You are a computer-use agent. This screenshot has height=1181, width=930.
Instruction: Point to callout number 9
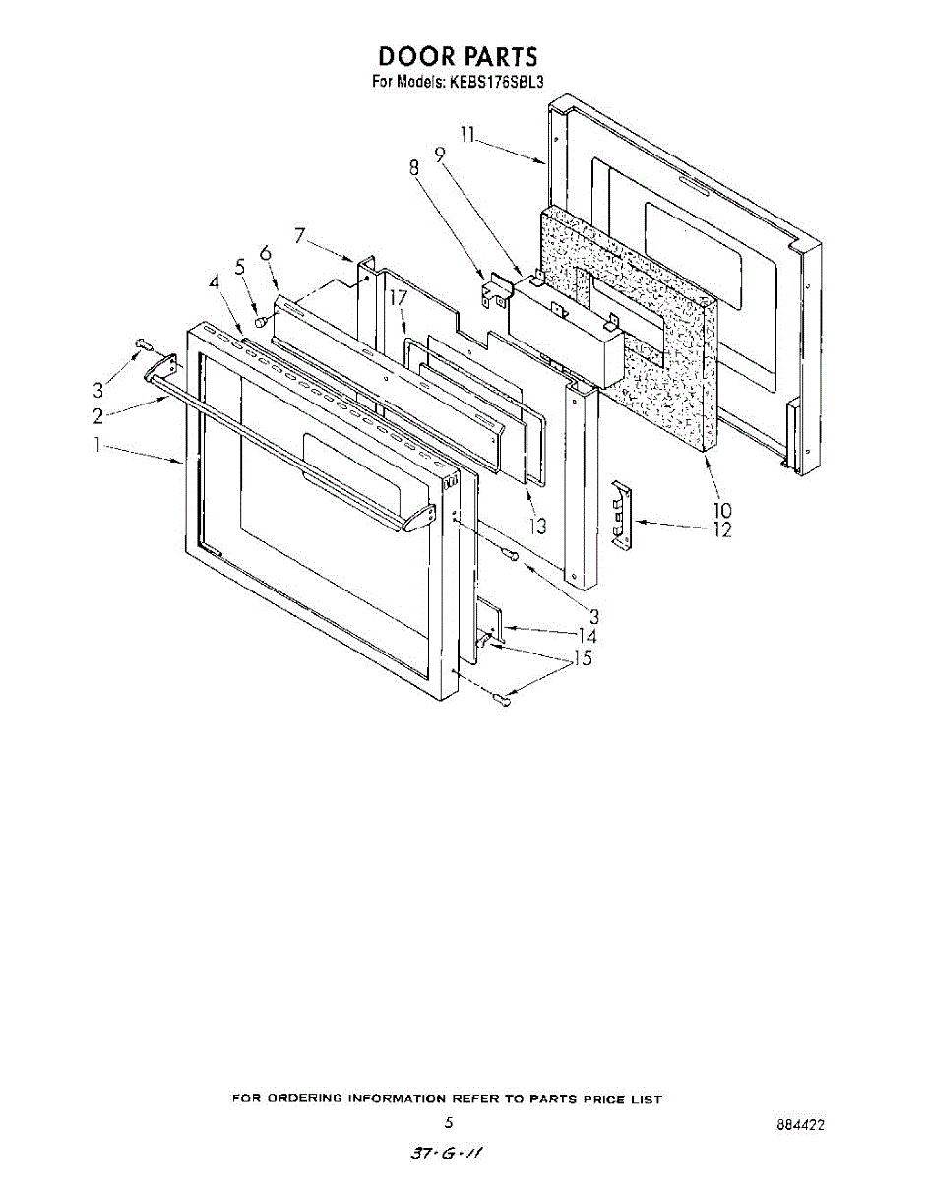point(439,154)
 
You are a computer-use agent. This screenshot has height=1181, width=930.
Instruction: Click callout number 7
point(300,236)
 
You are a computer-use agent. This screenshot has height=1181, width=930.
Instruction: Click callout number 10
point(722,510)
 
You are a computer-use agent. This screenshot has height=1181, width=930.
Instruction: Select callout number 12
point(722,530)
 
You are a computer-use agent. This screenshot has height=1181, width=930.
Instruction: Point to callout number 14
point(588,636)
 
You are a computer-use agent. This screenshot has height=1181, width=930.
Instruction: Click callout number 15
point(583,658)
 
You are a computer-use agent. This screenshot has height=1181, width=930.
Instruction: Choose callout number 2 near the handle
point(98,414)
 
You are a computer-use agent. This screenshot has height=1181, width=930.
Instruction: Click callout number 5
point(239,266)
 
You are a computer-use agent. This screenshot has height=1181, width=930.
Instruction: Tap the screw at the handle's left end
point(144,344)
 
